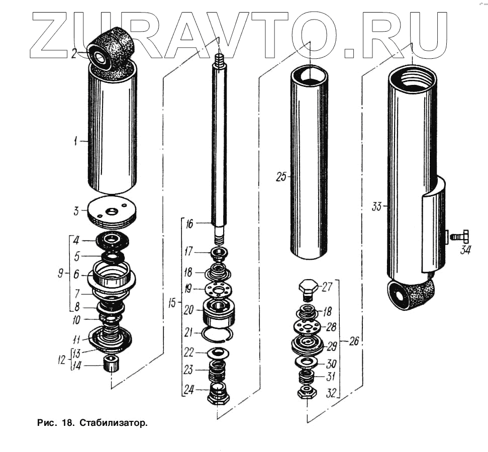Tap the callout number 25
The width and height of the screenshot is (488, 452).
click(281, 177)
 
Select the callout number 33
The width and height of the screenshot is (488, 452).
click(376, 206)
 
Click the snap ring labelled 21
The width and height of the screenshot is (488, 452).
click(217, 334)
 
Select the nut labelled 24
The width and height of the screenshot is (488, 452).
click(218, 393)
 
